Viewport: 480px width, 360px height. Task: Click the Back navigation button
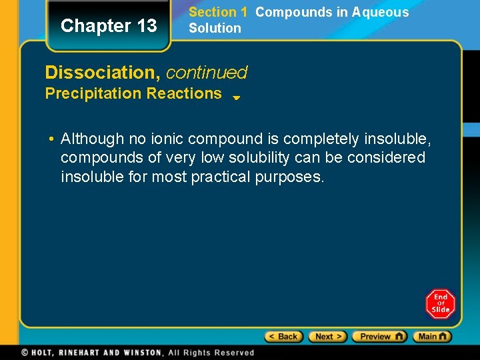283,337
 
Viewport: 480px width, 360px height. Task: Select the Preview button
379,337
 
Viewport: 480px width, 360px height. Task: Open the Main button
432,337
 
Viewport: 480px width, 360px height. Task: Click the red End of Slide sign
440,304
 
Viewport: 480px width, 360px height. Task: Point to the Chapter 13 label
109,26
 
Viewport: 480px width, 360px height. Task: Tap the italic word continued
207,72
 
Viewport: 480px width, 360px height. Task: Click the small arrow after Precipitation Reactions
236,97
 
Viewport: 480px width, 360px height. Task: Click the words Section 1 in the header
217,12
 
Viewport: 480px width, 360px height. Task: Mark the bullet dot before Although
51,139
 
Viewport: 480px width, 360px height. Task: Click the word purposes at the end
290,178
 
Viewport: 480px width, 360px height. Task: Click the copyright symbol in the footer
25,353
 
